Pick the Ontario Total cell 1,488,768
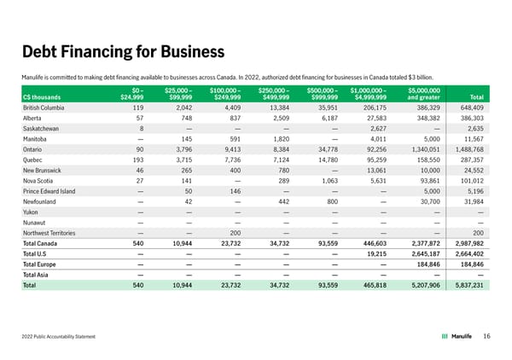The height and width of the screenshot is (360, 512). pos(467,149)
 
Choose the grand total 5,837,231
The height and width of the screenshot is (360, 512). pos(466,287)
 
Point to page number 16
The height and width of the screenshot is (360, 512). pos(486,336)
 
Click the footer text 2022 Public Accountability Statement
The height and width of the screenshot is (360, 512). pos(59,337)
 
